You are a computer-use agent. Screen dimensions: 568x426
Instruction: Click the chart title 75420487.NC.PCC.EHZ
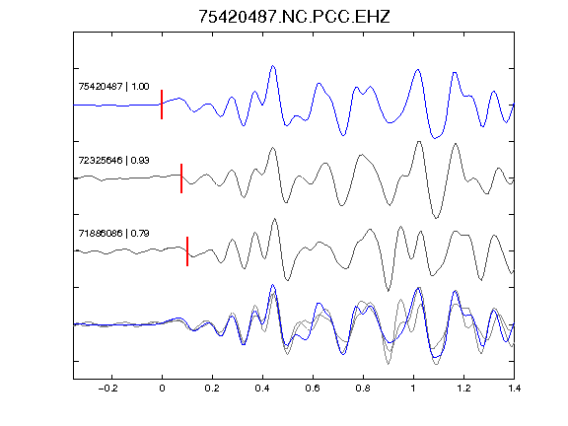[294, 17]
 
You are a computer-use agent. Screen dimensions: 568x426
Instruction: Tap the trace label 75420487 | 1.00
[113, 86]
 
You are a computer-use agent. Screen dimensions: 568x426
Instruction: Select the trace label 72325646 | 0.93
[113, 160]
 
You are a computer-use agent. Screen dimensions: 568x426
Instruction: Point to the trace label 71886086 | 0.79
[113, 234]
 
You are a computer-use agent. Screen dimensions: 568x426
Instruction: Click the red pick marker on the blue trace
[162, 105]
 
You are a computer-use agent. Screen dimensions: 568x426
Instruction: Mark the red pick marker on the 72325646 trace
[181, 178]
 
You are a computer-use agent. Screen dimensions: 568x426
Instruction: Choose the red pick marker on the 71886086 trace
[187, 251]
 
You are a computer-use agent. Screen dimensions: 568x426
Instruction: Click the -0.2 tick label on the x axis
[108, 389]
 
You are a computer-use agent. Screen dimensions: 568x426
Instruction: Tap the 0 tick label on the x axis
[162, 389]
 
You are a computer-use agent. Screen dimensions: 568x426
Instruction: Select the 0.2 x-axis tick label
[212, 389]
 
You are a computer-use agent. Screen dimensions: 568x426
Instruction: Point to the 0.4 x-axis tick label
[262, 389]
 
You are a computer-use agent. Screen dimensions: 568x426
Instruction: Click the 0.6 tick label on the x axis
[313, 389]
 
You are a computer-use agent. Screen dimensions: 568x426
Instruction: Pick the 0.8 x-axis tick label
[363, 389]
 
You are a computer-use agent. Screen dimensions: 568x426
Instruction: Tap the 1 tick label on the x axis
[413, 389]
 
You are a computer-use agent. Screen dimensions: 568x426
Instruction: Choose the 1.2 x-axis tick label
[463, 389]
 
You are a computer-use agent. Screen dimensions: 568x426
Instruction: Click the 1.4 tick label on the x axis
[514, 389]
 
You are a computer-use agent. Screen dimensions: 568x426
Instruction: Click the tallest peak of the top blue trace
[273, 66]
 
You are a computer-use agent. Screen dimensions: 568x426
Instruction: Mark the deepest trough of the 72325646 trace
[436, 218]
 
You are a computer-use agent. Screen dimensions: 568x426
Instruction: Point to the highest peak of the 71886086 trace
[274, 219]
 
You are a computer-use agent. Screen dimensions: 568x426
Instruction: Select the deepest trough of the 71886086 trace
[389, 291]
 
